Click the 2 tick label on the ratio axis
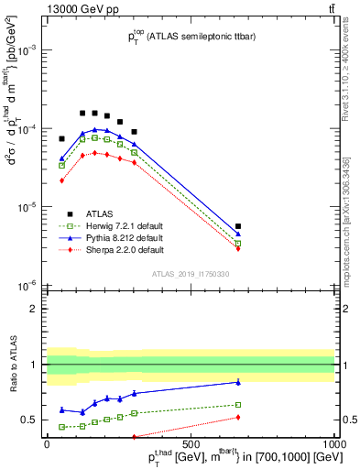click(34, 309)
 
